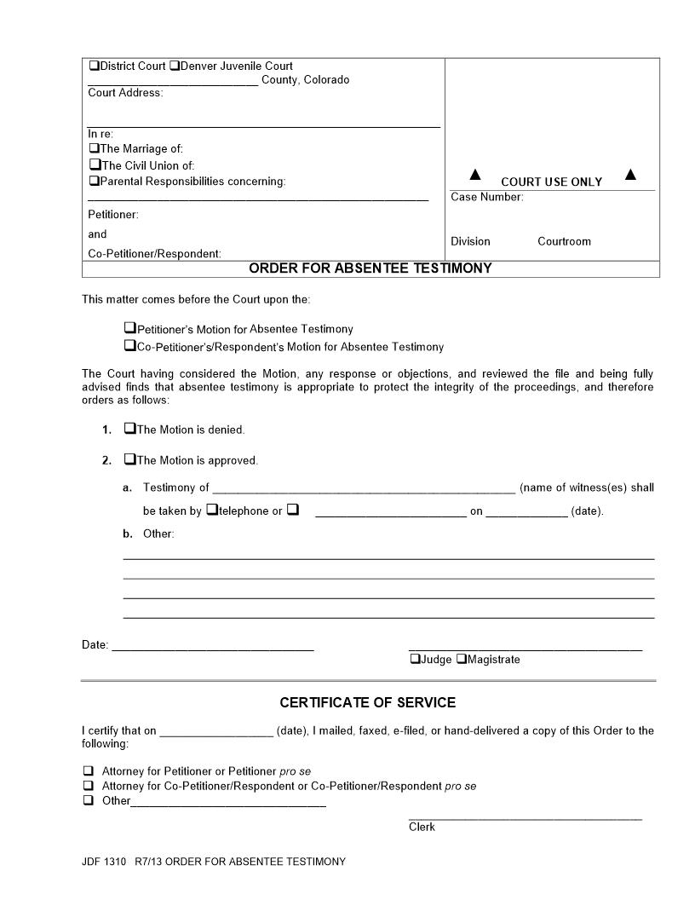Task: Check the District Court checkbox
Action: (x=93, y=66)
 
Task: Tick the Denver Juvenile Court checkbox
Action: (x=174, y=66)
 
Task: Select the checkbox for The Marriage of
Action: (x=94, y=148)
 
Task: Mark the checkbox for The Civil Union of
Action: (x=94, y=164)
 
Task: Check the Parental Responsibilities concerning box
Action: (x=94, y=181)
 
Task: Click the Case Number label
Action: (x=486, y=197)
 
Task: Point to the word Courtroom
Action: (x=564, y=241)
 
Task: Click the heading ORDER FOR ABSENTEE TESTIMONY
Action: (x=370, y=268)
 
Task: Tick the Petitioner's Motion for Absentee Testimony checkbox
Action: (x=129, y=327)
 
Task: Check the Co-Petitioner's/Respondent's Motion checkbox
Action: (x=129, y=345)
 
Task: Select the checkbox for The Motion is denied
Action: (x=129, y=429)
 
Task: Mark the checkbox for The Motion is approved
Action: (x=129, y=459)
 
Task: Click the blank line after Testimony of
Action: (x=364, y=488)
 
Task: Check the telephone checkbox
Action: (x=212, y=510)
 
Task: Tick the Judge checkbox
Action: (x=415, y=659)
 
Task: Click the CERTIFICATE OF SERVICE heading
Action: (x=368, y=702)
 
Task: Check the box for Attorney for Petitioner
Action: (x=88, y=770)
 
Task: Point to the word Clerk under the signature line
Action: (x=422, y=827)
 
